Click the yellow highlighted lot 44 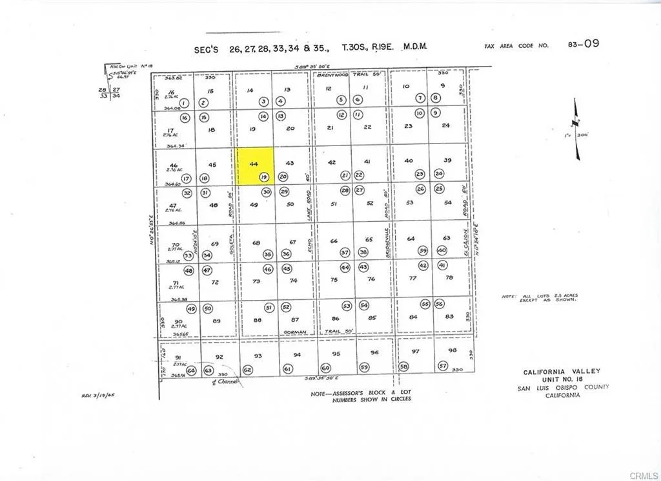pyautogui.click(x=253, y=166)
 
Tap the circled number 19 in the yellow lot pyautogui.click(x=263, y=176)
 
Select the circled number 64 pyautogui.click(x=190, y=370)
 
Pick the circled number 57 pyautogui.click(x=443, y=366)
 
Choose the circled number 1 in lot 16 pyautogui.click(x=184, y=103)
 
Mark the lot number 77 pyautogui.click(x=413, y=278)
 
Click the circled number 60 pyautogui.click(x=325, y=368)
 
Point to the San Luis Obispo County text pyautogui.click(x=563, y=387)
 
